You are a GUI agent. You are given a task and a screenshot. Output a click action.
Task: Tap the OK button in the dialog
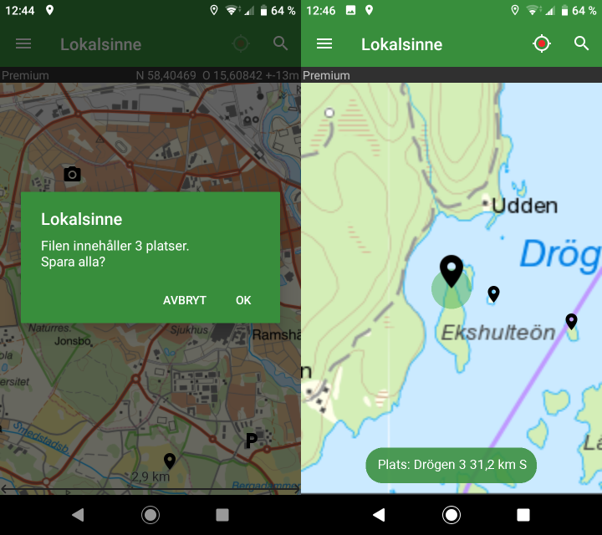[x=243, y=300]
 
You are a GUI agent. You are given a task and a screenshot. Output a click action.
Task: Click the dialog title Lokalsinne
[x=82, y=219]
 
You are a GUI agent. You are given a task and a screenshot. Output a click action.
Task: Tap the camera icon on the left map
[x=73, y=174]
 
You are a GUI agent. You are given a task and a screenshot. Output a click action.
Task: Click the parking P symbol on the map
[x=251, y=441]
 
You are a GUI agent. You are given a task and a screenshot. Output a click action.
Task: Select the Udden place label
[x=524, y=205]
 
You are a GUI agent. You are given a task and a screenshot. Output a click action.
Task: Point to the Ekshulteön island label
[x=498, y=332]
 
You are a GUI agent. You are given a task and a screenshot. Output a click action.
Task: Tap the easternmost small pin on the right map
[x=571, y=321]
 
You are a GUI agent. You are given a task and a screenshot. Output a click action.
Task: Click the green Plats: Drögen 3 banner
[x=451, y=465]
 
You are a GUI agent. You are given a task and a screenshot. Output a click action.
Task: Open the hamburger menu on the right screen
[x=324, y=43]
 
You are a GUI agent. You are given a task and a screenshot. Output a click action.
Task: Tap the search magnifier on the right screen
[x=582, y=43]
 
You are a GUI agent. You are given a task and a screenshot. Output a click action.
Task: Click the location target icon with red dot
[x=542, y=43]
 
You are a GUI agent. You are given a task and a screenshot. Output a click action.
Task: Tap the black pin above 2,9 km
[x=170, y=461]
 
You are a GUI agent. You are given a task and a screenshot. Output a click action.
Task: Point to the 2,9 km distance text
[x=150, y=476]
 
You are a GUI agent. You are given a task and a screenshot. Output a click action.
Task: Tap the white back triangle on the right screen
[x=378, y=514]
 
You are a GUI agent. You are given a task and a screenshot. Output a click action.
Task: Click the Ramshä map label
[x=276, y=334]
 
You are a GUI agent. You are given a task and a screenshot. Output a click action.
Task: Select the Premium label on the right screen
[x=326, y=75]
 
